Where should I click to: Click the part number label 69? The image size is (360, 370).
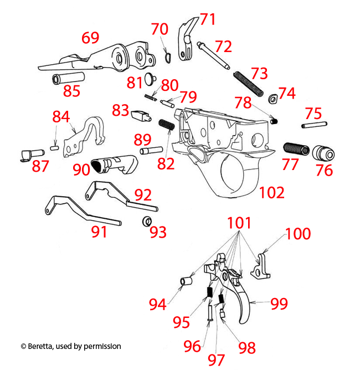pyautogui.click(x=90, y=38)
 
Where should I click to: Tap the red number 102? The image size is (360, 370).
pyautogui.click(x=271, y=192)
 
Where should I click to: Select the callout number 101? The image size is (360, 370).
pyautogui.click(x=239, y=223)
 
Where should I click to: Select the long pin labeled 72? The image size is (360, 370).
pyautogui.click(x=213, y=56)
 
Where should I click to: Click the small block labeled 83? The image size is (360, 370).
pyautogui.click(x=141, y=116)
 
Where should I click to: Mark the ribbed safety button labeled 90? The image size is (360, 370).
pyautogui.click(x=114, y=165)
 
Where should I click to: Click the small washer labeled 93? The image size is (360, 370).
pyautogui.click(x=147, y=222)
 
